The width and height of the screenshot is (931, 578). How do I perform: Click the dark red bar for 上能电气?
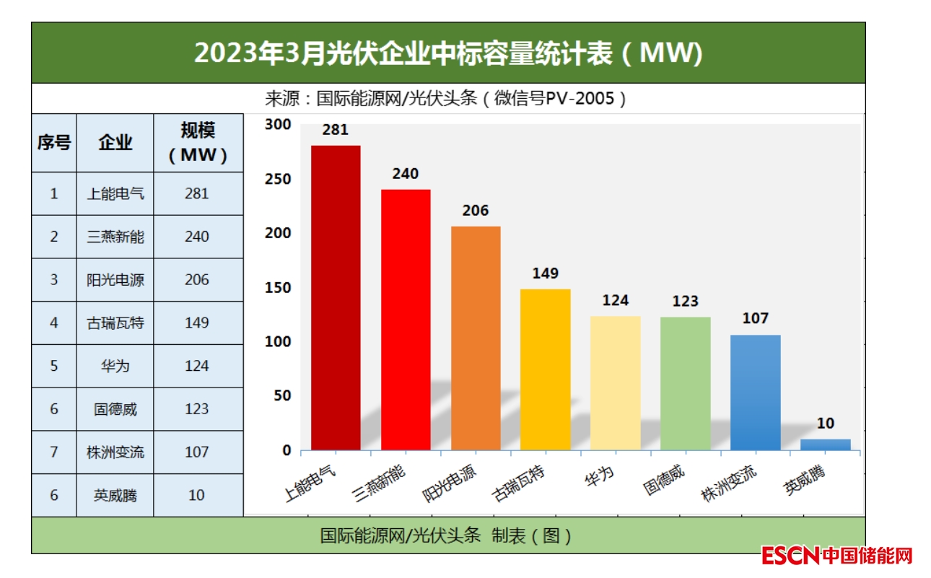tap(336, 297)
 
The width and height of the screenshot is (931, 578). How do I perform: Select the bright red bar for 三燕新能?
tap(406, 320)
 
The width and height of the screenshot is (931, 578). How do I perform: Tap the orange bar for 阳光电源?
tap(476, 338)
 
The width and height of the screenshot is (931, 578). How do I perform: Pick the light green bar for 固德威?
tap(686, 383)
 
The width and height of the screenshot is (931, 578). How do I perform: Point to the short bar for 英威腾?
tap(826, 445)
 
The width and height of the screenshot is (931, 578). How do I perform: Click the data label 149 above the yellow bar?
tap(546, 273)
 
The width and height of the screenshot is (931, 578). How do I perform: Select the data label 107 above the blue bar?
tap(756, 318)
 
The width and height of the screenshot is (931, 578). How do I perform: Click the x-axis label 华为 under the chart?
tap(600, 479)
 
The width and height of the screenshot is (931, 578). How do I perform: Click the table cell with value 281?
tap(196, 193)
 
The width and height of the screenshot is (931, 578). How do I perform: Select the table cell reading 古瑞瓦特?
tap(115, 323)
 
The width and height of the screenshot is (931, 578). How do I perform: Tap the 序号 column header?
tap(54, 143)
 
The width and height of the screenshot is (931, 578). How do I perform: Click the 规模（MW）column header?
tap(197, 143)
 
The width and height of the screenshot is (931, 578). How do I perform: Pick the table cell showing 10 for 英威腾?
tap(196, 495)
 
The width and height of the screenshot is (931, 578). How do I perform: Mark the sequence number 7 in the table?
tap(54, 452)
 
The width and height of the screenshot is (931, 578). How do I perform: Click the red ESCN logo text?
tap(790, 556)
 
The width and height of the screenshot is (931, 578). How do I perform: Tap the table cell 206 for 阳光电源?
tap(196, 279)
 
